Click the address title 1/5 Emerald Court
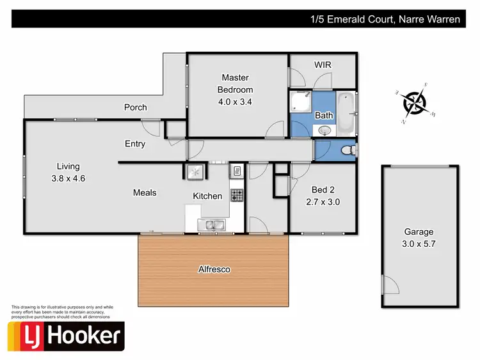(382, 19)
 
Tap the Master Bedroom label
(235, 90)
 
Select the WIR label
(322, 65)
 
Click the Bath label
(323, 115)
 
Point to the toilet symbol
(348, 150)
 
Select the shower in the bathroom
(300, 104)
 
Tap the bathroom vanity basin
(324, 130)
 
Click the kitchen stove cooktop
(236, 195)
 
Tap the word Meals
(145, 192)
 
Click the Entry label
(135, 144)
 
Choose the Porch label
(135, 107)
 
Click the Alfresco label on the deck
(213, 269)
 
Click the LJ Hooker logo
(65, 336)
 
